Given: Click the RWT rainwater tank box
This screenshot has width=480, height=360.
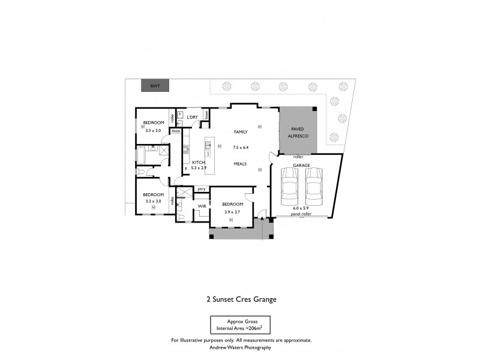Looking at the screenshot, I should point(155,86).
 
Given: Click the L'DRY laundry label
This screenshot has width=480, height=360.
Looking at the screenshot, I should point(192,117).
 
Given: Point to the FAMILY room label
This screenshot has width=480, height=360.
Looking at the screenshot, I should point(241,131).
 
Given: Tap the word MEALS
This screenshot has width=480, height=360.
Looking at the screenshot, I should point(241,163).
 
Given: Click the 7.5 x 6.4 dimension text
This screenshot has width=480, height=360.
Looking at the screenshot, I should point(240,147).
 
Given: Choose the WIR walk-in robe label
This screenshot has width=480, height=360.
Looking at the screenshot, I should point(202,206).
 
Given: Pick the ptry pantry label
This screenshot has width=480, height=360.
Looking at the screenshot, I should point(202,190).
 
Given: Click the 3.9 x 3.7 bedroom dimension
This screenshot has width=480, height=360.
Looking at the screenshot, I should point(232,211).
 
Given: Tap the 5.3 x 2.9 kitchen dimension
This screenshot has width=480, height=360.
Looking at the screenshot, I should point(199,169).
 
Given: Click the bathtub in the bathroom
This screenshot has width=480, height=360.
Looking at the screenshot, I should point(142,155).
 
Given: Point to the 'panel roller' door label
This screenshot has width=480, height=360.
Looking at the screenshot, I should point(300,214).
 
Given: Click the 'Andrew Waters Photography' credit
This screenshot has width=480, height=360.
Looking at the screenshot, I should point(241,347).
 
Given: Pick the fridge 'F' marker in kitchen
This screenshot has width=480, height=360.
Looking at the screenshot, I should point(187,169).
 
